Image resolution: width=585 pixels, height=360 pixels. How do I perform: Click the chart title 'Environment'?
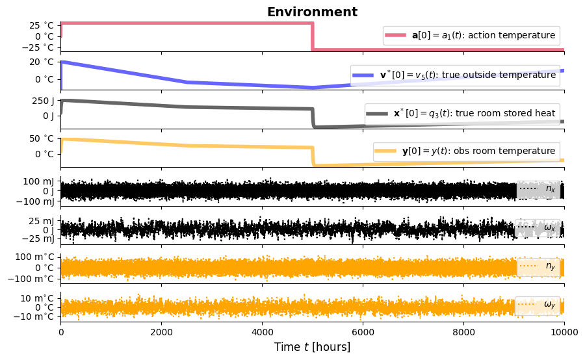point(312,12)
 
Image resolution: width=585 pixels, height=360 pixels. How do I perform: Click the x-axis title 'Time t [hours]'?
point(312,347)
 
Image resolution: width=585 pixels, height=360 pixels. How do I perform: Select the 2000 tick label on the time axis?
point(161,331)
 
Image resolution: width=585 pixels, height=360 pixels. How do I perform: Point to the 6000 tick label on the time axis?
point(363,331)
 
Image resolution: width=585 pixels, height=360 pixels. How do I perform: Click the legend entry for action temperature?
point(471,34)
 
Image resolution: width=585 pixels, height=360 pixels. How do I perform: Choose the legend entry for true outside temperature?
point(454,75)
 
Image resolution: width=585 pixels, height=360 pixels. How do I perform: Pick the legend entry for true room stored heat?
point(461,113)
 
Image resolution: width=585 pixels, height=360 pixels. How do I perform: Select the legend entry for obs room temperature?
point(466,151)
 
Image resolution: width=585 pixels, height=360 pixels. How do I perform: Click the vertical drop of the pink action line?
point(313,36)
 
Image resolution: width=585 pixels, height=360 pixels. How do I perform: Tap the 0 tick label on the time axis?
point(60,331)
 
